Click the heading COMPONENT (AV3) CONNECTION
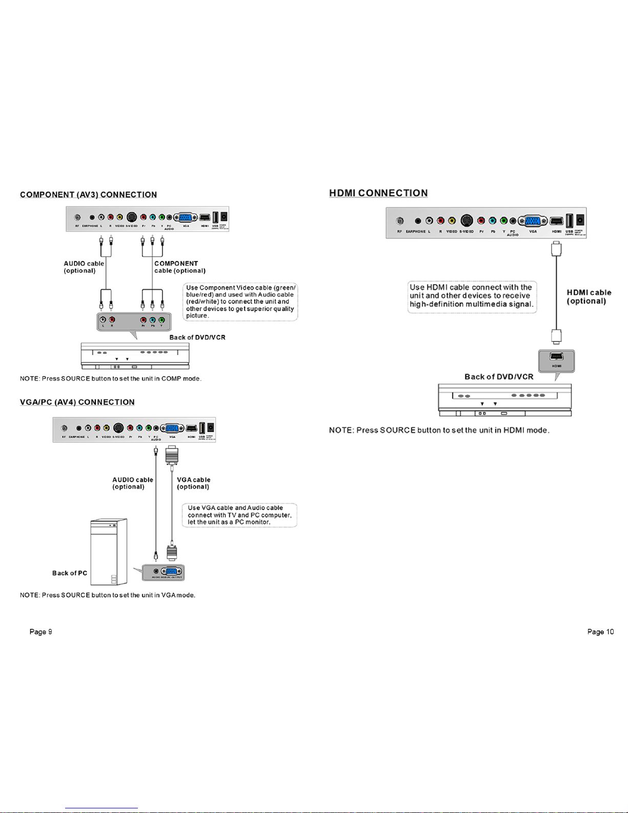(88, 195)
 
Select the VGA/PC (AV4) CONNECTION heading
(77, 402)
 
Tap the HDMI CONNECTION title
(378, 193)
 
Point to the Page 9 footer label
(40, 631)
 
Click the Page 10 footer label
(600, 631)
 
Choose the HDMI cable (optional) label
(589, 296)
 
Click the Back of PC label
(70, 573)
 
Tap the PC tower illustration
(109, 552)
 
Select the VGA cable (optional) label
(193, 483)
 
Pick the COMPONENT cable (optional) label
(179, 267)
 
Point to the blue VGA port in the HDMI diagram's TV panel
(533, 221)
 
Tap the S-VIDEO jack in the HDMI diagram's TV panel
(467, 221)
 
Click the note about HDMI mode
(439, 430)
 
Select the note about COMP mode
(111, 379)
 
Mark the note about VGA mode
(108, 595)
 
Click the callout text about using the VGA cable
(239, 515)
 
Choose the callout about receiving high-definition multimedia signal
(472, 296)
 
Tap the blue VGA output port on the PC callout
(172, 571)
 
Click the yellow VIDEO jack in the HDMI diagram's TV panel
(452, 221)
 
